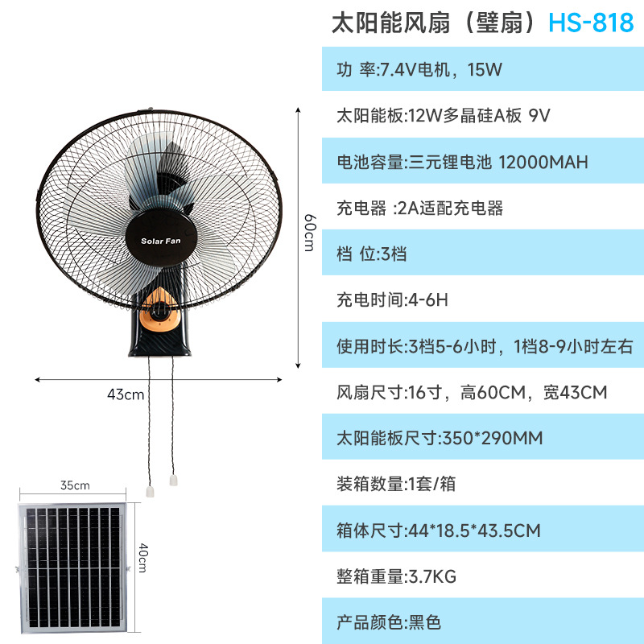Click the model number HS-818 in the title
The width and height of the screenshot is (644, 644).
pos(591,23)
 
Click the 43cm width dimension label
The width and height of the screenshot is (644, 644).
pos(126,394)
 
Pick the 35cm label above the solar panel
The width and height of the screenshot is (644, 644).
pos(74,485)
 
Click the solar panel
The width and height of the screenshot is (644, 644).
pos(73,567)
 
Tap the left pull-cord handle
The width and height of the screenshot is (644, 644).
pos(151,490)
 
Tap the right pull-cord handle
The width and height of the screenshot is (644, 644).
pos(172,481)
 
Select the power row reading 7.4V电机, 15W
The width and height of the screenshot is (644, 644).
pos(419,70)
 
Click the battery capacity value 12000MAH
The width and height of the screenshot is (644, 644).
pos(543,162)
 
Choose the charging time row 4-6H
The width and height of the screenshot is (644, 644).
pos(391,300)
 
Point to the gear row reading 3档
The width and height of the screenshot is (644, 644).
pos(372,254)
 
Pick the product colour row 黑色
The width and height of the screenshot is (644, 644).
pos(389,622)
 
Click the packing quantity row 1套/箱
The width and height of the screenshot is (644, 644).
pos(396,485)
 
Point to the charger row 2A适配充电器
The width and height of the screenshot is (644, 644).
pos(419,208)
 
